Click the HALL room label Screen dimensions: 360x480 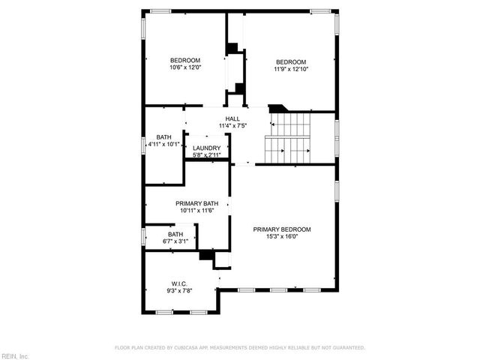233,118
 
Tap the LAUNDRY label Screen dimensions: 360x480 206,148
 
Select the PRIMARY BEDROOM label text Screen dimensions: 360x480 281,229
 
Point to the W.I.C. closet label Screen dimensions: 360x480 178,283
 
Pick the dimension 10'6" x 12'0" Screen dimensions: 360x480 185,67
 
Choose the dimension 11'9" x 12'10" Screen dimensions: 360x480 291,69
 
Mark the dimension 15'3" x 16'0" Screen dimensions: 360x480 281,236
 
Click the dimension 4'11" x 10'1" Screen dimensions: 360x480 163,143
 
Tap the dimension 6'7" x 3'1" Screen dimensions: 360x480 175,241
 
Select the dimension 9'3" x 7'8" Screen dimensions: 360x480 178,290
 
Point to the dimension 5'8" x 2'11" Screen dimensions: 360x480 206,155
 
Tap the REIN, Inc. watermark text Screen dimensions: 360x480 14,355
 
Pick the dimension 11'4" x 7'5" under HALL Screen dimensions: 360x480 233,125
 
